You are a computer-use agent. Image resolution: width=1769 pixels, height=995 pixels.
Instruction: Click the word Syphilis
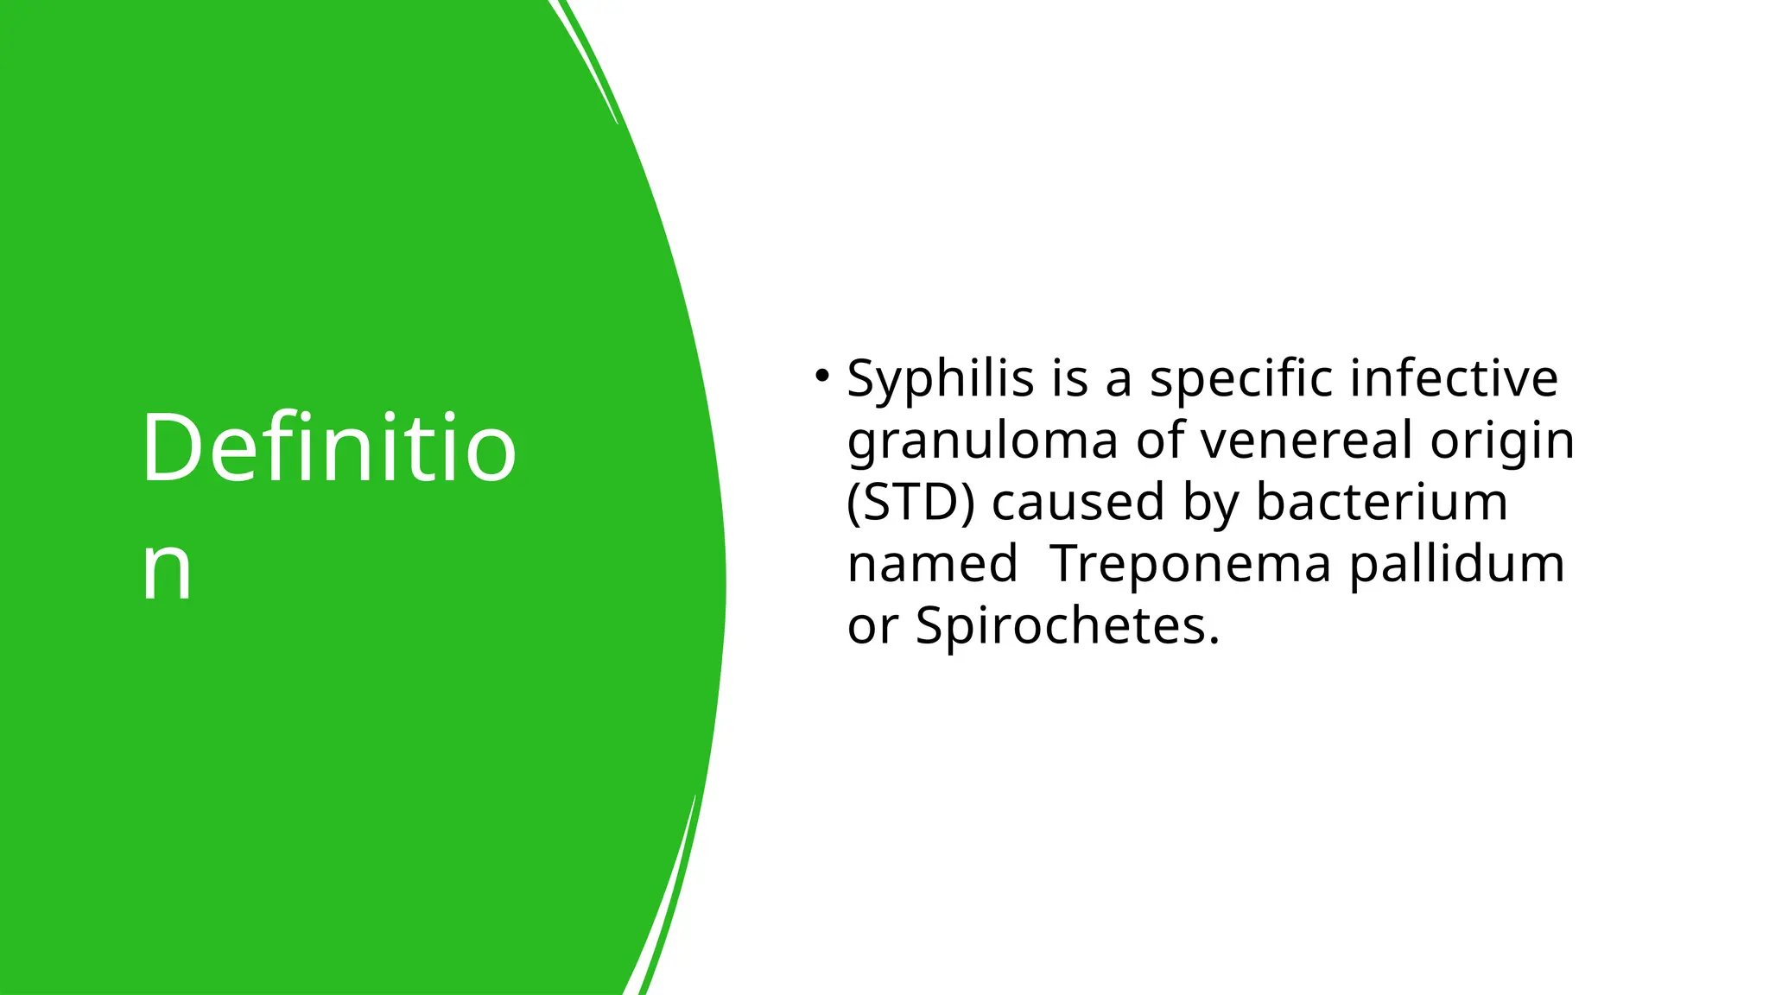point(940,379)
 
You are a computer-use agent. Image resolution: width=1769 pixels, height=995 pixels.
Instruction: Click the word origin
point(1502,441)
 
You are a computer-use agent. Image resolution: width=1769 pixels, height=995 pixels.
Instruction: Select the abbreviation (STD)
point(910,503)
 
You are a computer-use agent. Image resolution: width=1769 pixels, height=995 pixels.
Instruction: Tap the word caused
point(1078,503)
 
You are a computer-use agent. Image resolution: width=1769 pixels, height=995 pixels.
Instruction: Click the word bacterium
point(1381,502)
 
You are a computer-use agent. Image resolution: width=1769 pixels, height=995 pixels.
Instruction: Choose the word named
point(932,564)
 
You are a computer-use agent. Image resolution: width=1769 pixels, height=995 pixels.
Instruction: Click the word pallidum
point(1457,564)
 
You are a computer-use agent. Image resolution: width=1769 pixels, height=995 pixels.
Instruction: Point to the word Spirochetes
point(1068,626)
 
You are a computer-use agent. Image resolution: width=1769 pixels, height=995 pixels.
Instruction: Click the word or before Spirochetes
point(872,627)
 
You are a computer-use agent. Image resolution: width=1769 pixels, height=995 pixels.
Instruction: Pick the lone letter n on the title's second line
point(167,569)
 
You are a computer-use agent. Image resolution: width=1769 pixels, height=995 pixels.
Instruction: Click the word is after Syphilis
point(1069,378)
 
